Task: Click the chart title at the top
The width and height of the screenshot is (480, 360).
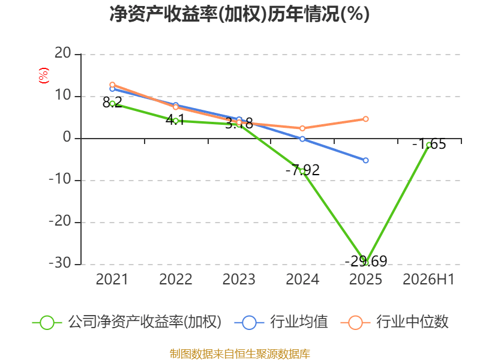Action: click(x=239, y=14)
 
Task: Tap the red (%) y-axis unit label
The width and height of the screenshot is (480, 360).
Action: click(x=43, y=76)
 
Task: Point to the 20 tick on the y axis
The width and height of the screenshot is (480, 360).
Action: click(x=63, y=53)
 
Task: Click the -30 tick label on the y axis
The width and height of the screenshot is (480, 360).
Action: click(x=60, y=263)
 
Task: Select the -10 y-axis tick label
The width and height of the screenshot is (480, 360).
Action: click(x=60, y=179)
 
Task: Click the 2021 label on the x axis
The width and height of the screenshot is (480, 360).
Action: click(x=112, y=279)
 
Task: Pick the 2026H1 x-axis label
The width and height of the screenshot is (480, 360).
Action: click(x=428, y=279)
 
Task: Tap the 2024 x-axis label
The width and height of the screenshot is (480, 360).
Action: click(x=302, y=279)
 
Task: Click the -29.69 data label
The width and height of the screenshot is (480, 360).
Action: click(x=366, y=261)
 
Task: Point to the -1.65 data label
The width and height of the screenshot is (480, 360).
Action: click(x=429, y=144)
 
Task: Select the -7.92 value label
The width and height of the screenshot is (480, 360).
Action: click(x=302, y=170)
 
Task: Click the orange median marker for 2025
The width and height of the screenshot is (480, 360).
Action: click(x=366, y=119)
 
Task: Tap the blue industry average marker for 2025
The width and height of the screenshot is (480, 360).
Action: click(x=366, y=160)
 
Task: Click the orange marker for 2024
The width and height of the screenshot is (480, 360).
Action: click(x=302, y=128)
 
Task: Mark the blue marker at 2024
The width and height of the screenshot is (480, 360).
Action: click(x=302, y=139)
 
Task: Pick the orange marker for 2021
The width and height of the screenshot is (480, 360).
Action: click(x=112, y=85)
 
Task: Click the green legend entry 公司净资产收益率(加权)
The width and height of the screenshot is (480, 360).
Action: click(x=127, y=322)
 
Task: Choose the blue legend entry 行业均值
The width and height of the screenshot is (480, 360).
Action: click(x=281, y=322)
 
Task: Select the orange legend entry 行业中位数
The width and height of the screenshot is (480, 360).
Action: click(x=395, y=322)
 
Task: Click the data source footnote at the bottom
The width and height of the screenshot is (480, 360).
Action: click(x=239, y=354)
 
